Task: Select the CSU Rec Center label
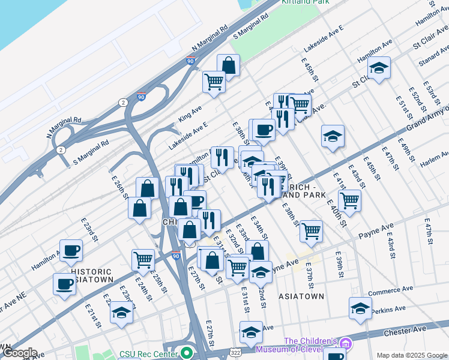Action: coord(150,354)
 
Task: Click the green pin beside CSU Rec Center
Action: coord(187,353)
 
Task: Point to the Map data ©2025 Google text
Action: coord(412,355)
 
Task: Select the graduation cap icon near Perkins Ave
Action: coord(360,308)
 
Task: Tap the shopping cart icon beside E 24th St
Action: coord(143,260)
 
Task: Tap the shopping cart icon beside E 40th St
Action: coord(349,200)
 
